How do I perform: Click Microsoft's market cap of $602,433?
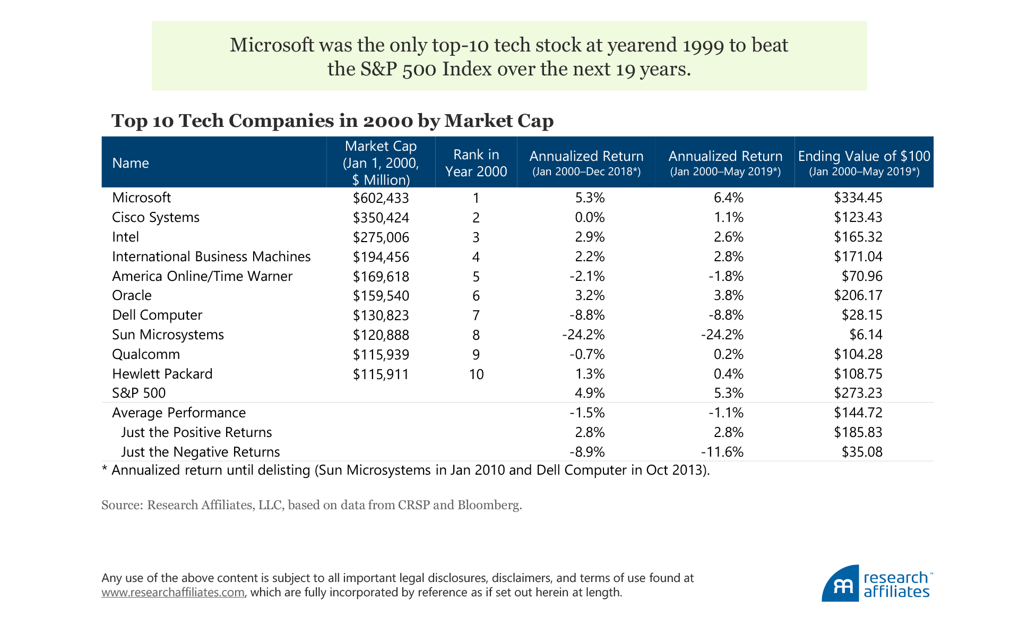[381, 198]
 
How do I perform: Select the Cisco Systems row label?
[156, 217]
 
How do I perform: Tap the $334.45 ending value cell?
[858, 198]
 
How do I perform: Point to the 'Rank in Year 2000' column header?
[476, 162]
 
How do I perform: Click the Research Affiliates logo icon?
[840, 584]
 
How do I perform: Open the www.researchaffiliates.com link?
[173, 592]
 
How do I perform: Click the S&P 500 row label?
[139, 393]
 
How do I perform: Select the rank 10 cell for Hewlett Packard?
[476, 374]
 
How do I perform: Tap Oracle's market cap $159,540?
[381, 296]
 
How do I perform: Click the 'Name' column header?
[131, 163]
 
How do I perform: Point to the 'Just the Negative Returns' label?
[200, 452]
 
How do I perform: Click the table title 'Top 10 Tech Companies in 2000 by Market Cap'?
[332, 121]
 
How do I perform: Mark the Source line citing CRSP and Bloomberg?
[312, 505]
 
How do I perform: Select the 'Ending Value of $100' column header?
[863, 162]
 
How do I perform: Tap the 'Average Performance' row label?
[179, 413]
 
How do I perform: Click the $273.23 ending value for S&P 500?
[858, 393]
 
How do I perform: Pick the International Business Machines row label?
[211, 256]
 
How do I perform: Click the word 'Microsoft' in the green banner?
[272, 45]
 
